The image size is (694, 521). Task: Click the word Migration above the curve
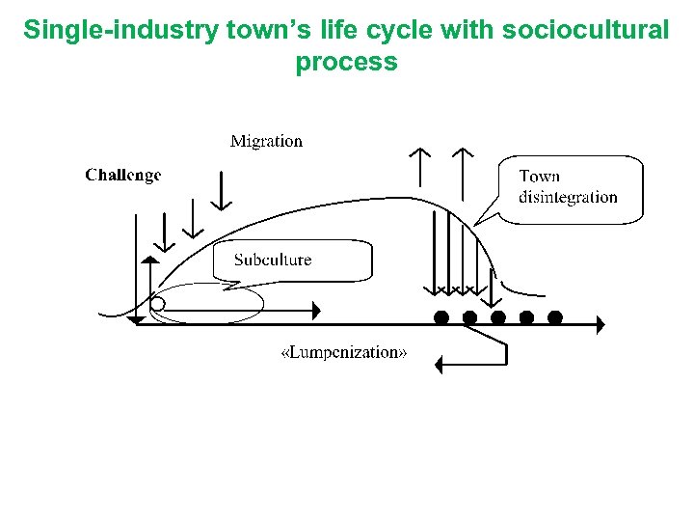coord(266,142)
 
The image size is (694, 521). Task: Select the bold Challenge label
coord(123,175)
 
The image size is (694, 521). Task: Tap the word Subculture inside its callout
coord(273,260)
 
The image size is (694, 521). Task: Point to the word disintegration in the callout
coord(568,198)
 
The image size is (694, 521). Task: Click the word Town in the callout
coord(539,177)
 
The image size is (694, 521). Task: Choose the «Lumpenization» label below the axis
coord(343,353)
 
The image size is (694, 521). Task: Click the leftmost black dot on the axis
coord(440,317)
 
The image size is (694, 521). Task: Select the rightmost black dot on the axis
coord(554,317)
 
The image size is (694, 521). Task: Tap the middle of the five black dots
coord(497,317)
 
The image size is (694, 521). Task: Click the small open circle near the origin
coord(158,305)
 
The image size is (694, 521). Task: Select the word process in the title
coord(346,63)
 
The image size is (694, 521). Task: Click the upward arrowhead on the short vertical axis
coord(149,260)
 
